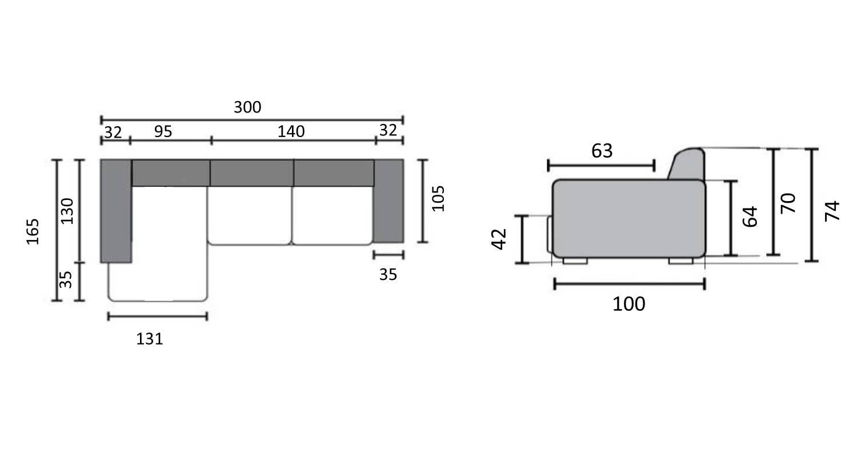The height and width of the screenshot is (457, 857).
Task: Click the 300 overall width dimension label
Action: pos(247,107)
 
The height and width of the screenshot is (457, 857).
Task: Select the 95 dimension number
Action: pos(163,131)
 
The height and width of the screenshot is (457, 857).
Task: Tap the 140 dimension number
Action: pos(291,132)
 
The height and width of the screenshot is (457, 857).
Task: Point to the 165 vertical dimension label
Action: pos(33,231)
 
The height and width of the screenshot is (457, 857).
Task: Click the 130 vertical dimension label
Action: pos(67,211)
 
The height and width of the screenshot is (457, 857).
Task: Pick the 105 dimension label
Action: pos(438,198)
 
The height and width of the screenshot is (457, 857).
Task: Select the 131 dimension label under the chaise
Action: pos(150,339)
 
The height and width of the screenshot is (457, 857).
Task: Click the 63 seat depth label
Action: pos(602,151)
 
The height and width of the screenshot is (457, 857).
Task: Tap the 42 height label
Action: pos(499,239)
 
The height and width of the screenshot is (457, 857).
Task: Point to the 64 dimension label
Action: pos(750,217)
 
